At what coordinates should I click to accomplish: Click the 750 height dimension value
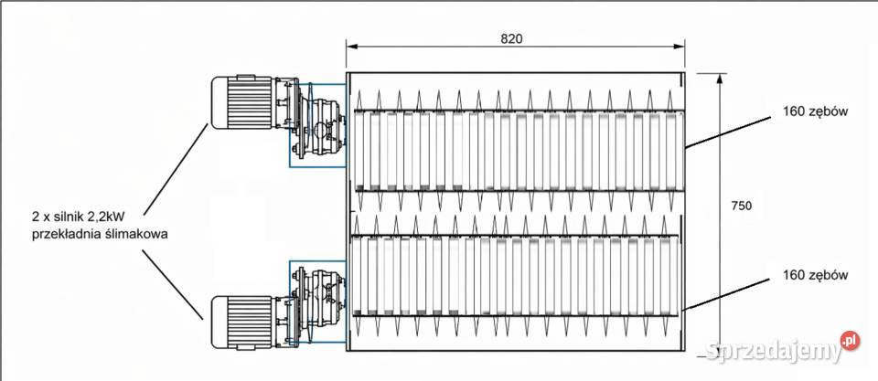(x=742, y=206)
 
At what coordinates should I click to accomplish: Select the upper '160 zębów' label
(x=817, y=111)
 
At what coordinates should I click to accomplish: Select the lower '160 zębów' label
(x=817, y=274)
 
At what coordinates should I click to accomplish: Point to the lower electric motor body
(x=240, y=321)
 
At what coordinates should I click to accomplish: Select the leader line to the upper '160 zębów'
(x=727, y=130)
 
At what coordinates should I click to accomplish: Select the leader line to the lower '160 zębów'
(x=727, y=294)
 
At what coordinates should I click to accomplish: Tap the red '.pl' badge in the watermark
(x=850, y=341)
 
